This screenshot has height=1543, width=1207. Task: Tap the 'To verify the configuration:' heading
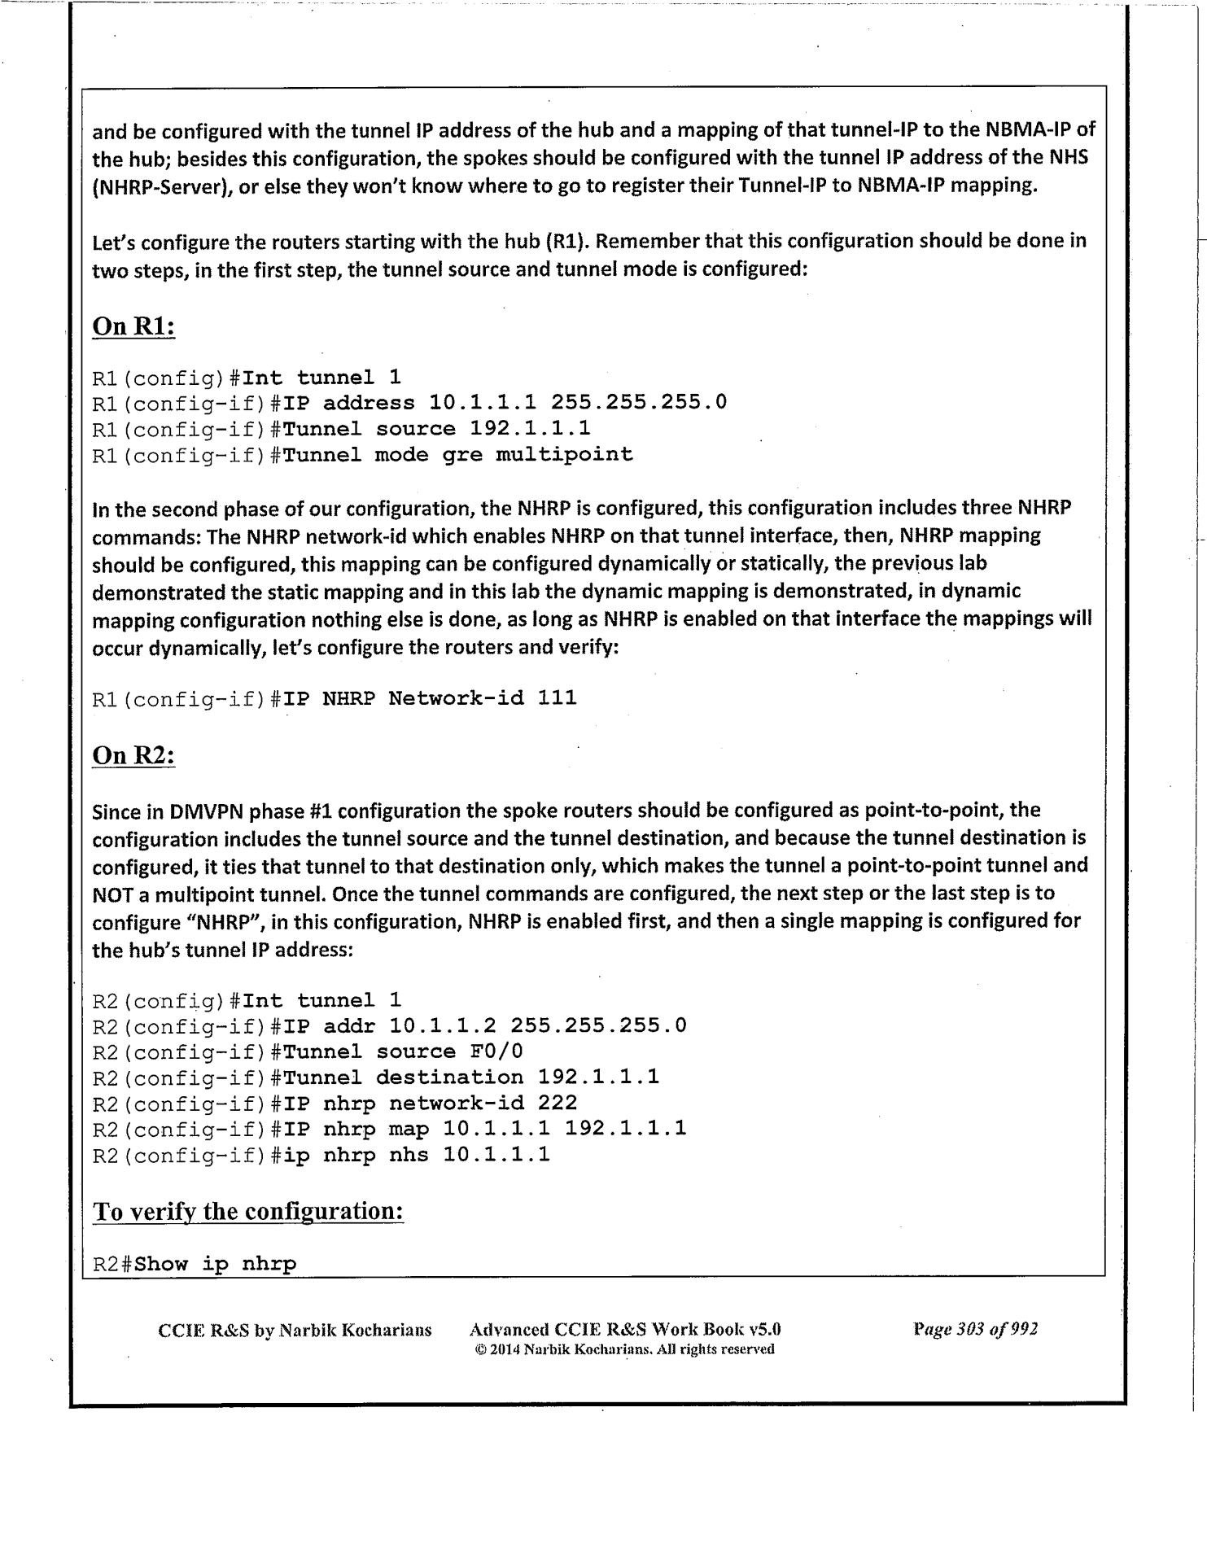248,1211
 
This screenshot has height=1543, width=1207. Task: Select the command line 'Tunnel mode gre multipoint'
451,454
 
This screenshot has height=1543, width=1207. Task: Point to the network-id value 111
557,697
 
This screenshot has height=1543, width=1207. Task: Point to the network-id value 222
557,1103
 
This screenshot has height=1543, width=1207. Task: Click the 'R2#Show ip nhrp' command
195,1264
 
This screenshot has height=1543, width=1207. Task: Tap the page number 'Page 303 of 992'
975,1330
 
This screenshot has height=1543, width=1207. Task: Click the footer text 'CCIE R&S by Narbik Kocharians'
294,1331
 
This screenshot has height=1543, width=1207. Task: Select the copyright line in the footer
623,1349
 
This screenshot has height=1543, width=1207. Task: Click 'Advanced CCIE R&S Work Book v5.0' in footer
625,1330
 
